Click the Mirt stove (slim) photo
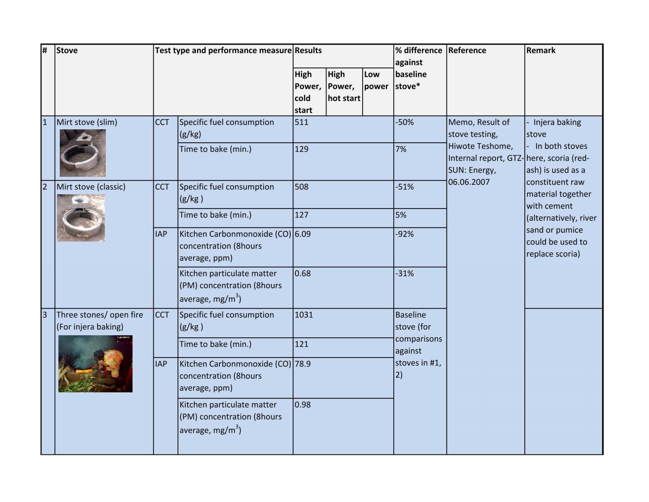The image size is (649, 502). pos(83,153)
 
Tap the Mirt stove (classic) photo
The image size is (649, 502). pos(81,218)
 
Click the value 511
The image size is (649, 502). pos(301,122)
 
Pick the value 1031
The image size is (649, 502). pos(304,315)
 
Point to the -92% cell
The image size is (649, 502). pos(404,234)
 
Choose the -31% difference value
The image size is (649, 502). pos(404,273)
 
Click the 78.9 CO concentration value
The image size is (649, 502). pos(302,364)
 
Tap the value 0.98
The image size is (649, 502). pos(302,405)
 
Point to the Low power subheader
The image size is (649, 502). pos(376,80)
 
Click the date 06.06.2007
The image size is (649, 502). pos(469,182)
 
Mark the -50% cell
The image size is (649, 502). pos(404,122)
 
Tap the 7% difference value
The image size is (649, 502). pos(401,149)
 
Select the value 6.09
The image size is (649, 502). pos(302,234)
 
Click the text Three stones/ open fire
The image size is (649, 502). pos(100,315)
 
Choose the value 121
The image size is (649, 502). pos(301,344)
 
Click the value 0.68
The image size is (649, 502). pos(302,273)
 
